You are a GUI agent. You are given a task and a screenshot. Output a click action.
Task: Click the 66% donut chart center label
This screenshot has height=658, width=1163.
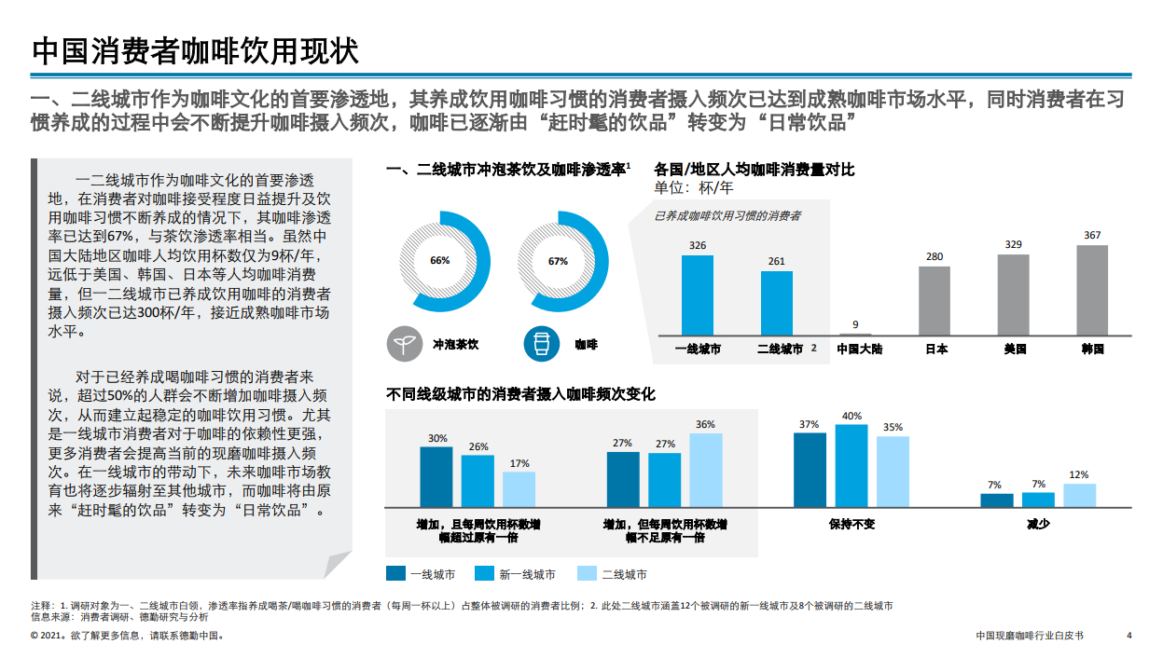[x=439, y=261]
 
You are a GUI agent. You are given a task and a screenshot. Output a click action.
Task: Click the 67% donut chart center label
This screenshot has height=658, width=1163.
[x=558, y=261]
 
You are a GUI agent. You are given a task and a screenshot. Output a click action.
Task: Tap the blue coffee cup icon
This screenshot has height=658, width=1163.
[x=540, y=344]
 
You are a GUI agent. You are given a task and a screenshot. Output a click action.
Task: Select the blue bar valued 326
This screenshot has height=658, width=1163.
[x=698, y=295]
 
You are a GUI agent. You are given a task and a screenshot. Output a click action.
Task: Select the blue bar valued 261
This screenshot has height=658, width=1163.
[x=777, y=303]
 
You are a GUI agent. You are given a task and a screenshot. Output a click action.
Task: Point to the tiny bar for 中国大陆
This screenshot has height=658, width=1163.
[x=855, y=334]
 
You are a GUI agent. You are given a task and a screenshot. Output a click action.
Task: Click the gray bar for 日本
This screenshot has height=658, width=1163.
[x=935, y=300]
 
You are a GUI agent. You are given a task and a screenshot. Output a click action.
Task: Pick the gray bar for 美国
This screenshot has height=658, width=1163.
[x=1013, y=294]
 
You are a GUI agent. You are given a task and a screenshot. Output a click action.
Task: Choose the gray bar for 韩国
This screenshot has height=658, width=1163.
[x=1092, y=290]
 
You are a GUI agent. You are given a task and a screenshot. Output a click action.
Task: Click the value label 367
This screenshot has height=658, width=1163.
[x=1092, y=235]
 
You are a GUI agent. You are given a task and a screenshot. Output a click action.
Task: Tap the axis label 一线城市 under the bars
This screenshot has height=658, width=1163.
[x=698, y=350]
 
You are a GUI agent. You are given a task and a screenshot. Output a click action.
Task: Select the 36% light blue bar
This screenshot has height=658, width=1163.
[x=706, y=470]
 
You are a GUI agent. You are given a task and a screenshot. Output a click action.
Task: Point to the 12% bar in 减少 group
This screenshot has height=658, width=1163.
[x=1080, y=495]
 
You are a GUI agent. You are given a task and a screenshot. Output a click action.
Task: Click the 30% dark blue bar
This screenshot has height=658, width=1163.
[x=436, y=476]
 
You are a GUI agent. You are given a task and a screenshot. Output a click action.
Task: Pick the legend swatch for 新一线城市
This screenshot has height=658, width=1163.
[x=485, y=574]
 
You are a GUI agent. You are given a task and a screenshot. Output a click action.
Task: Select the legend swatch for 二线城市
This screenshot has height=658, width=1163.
[x=588, y=574]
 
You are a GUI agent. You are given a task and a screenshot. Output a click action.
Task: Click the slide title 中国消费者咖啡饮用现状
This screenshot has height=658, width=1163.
[x=195, y=50]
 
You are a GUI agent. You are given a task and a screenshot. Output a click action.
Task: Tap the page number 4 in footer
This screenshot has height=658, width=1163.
[x=1128, y=636]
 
